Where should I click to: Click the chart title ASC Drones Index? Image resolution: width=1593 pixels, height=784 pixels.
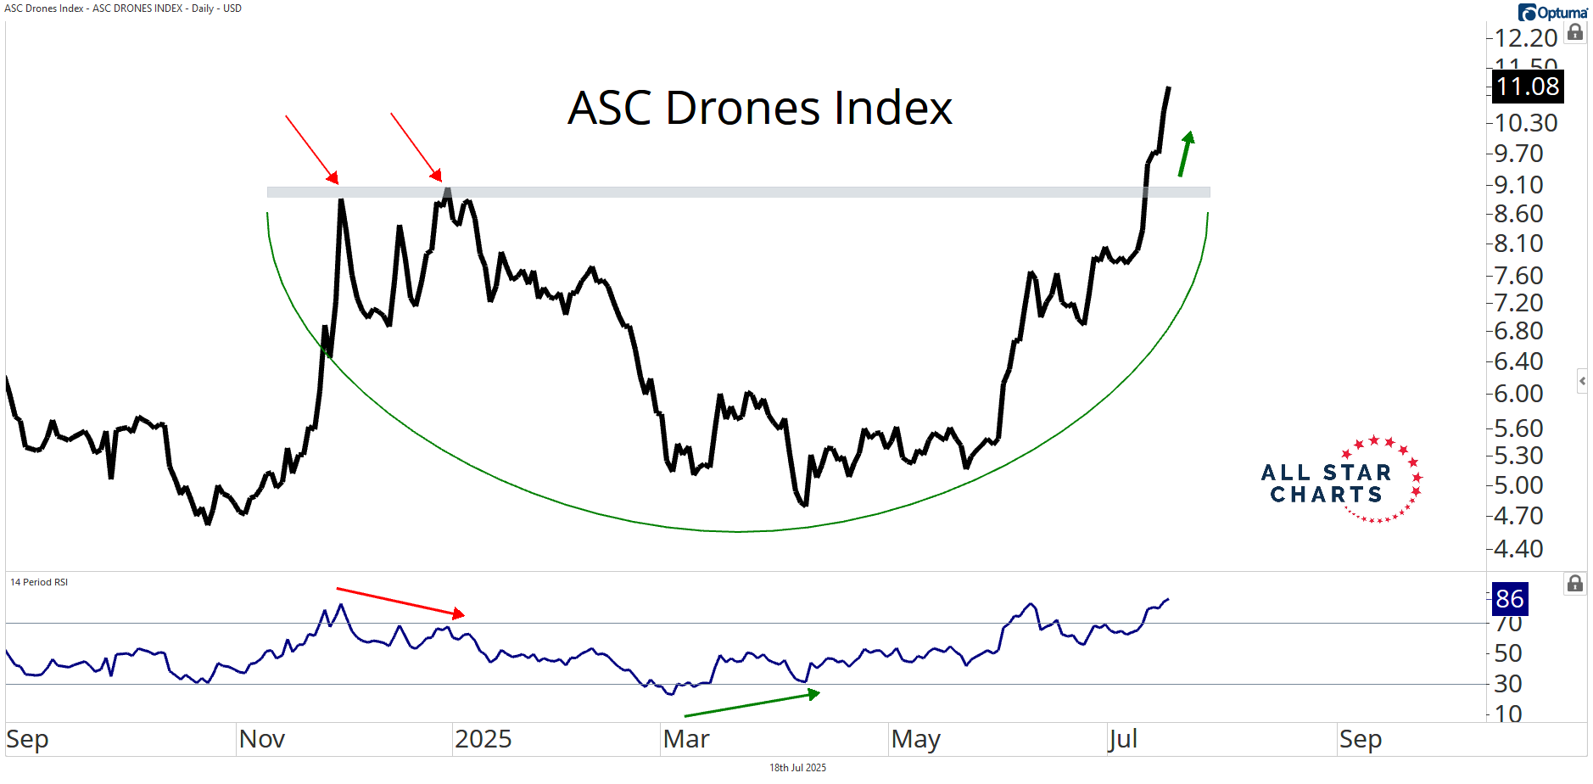(x=759, y=109)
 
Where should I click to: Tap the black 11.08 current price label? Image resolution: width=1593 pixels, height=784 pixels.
(x=1527, y=87)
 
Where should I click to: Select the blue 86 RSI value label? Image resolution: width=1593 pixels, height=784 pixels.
(x=1509, y=599)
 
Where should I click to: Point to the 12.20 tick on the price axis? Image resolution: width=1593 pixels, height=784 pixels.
(x=1525, y=38)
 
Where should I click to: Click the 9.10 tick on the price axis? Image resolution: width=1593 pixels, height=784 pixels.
(x=1518, y=185)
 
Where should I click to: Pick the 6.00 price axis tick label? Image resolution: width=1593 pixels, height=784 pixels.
(x=1518, y=394)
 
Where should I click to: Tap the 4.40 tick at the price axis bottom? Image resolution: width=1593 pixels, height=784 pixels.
(x=1518, y=549)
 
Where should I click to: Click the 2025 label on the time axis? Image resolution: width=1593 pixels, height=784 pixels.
(x=483, y=739)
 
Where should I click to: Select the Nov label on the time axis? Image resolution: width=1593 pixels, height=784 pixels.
(x=261, y=739)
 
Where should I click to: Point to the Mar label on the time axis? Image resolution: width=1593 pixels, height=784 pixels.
(x=685, y=739)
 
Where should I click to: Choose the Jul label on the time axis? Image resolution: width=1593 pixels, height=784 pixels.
(x=1122, y=739)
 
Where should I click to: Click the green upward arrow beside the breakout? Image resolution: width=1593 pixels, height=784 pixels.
(x=1186, y=154)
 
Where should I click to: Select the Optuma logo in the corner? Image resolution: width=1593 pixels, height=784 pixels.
(x=1552, y=13)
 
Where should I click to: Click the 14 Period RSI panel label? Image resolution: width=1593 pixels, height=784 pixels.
(x=39, y=582)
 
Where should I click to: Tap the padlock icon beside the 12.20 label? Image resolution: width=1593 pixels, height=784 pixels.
(x=1575, y=33)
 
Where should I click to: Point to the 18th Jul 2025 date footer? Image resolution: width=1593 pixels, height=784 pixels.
(x=797, y=768)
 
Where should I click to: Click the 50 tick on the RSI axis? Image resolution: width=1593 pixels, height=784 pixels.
(x=1507, y=653)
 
